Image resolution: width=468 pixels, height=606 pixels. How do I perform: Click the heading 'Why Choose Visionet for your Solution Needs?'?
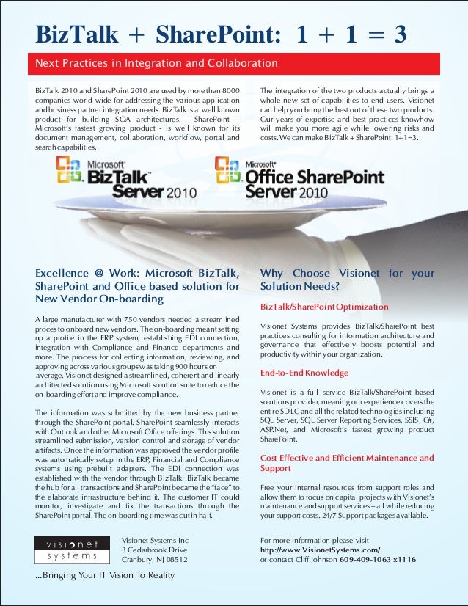pyautogui.click(x=347, y=280)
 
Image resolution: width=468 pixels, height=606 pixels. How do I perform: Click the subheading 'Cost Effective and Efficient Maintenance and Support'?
pyautogui.click(x=347, y=463)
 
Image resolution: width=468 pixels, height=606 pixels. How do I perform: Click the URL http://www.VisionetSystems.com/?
pyautogui.click(x=320, y=550)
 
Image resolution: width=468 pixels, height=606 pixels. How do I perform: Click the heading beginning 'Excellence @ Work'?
pyautogui.click(x=137, y=286)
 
